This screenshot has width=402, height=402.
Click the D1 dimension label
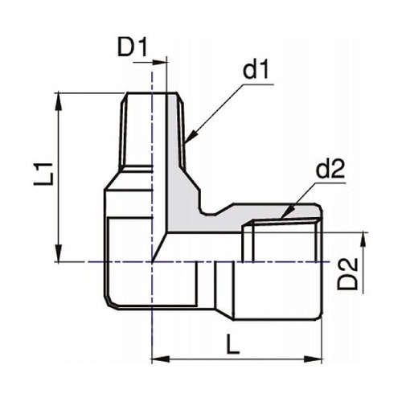click(x=133, y=47)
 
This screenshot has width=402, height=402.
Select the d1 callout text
click(x=255, y=71)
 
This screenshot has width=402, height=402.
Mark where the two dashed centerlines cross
click(x=152, y=261)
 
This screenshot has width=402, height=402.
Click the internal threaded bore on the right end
click(x=281, y=241)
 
